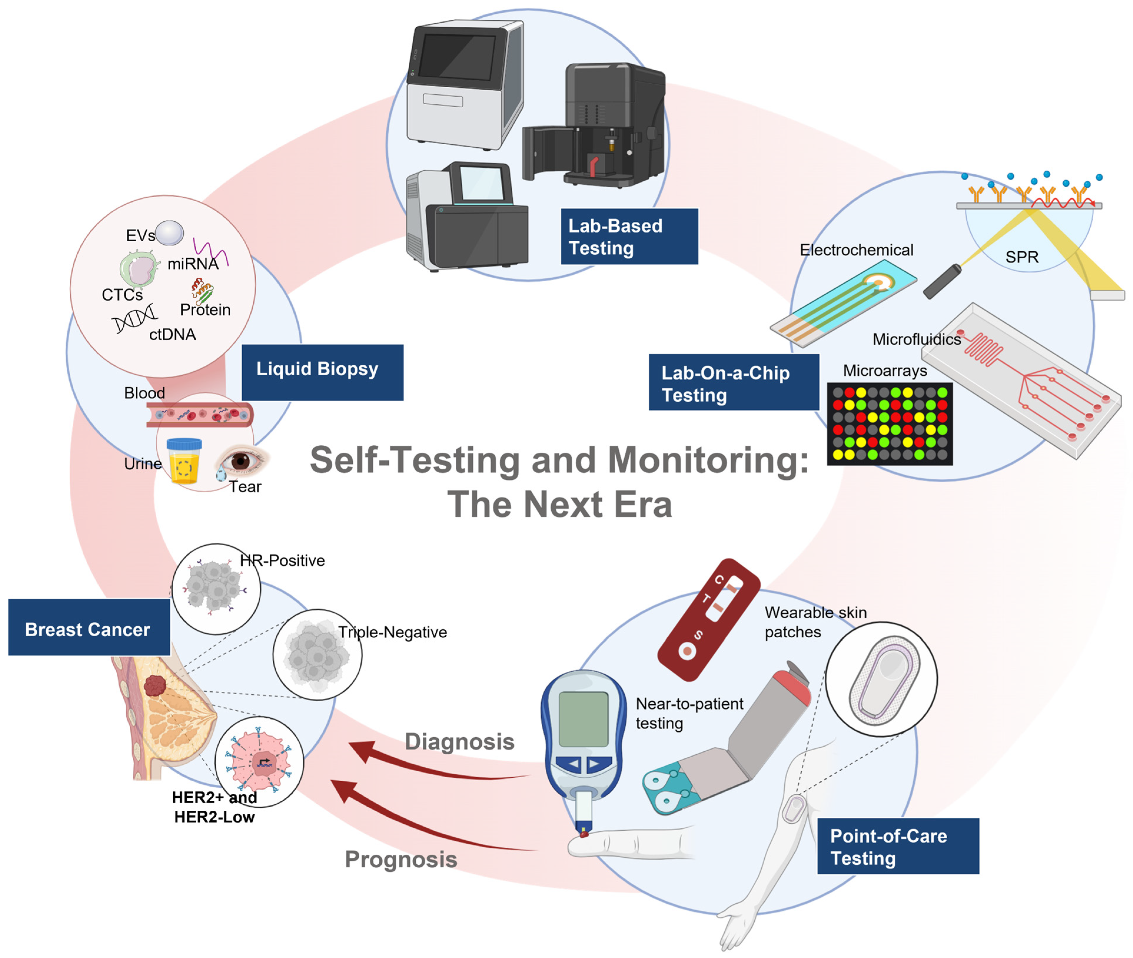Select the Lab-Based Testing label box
coord(629,236)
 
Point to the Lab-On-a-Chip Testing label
coord(733,382)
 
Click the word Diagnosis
coord(459,741)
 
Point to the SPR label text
coord(1021,257)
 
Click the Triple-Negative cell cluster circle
coord(317,654)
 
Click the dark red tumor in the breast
coord(155,686)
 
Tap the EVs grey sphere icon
coord(169,233)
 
